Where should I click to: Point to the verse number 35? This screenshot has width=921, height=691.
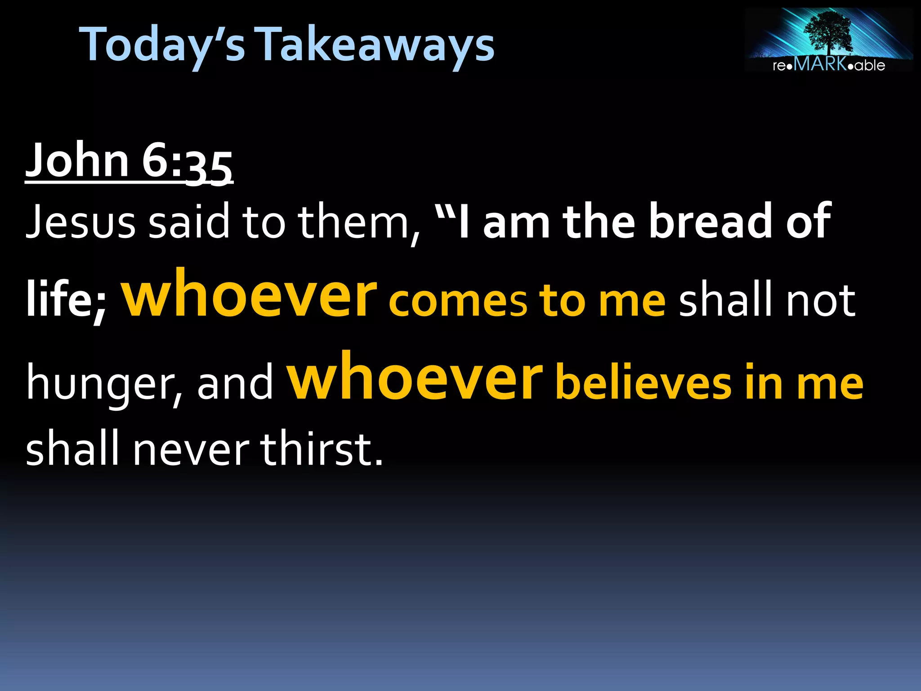pos(210,167)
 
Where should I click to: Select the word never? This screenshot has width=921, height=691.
pos(191,450)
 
